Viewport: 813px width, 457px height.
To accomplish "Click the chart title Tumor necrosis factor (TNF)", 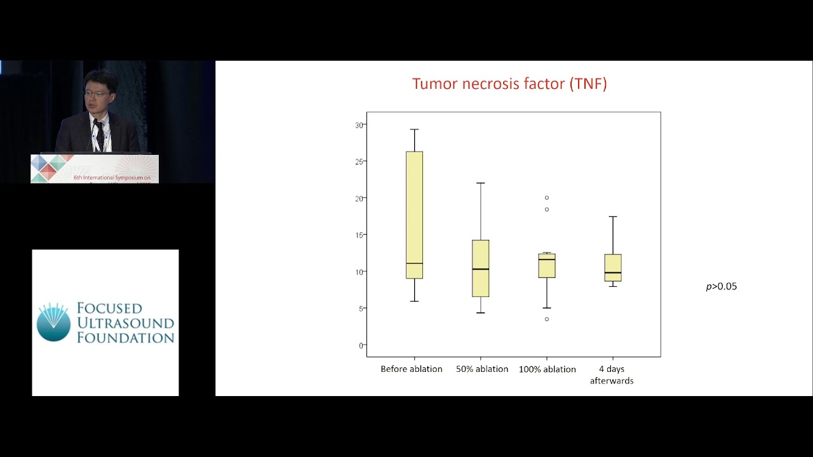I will point(509,84).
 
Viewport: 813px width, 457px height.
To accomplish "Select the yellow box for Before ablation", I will point(415,215).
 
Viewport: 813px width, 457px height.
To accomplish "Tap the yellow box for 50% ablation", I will point(481,268).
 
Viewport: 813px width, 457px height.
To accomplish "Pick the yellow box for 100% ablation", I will point(547,265).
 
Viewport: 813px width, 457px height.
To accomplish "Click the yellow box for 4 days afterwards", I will point(613,267).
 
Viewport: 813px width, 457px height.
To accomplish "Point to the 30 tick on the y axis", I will point(359,125).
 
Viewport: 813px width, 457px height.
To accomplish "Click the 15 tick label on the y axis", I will point(359,235).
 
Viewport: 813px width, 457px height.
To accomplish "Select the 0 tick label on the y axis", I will point(361,345).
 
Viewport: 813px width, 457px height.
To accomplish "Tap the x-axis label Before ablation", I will point(412,369).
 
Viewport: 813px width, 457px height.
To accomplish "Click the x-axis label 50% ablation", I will point(482,369).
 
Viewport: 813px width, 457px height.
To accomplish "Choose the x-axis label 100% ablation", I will point(548,369).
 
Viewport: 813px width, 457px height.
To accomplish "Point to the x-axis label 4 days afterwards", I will point(612,374).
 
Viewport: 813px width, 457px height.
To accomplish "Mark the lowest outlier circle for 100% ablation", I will point(547,319).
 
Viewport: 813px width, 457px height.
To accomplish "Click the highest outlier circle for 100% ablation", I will point(547,198).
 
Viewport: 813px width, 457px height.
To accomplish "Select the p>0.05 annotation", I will point(722,286).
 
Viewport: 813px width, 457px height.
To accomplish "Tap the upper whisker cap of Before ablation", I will point(415,129).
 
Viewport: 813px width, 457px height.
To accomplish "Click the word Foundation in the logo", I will point(125,338).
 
